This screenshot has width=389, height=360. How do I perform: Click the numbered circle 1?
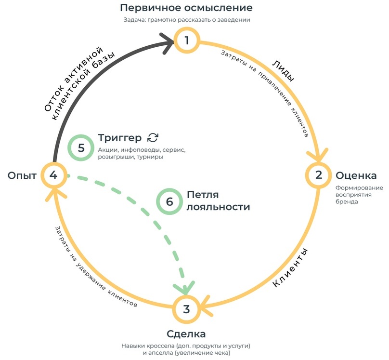[186, 40]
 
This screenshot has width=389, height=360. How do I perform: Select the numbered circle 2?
[318, 175]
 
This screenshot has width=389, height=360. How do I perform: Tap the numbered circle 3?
[186, 309]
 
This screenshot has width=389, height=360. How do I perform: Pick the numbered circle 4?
[53, 175]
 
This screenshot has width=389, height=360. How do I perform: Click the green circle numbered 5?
[81, 147]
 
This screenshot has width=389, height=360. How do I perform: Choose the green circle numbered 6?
[169, 201]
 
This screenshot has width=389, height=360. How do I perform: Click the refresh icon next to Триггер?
[153, 137]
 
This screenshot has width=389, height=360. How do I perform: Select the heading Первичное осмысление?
[186, 8]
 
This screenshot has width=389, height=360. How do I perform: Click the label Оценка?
[356, 175]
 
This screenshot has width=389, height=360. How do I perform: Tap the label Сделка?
[186, 334]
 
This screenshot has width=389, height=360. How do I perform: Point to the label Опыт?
[22, 175]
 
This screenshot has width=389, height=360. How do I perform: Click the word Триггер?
[120, 137]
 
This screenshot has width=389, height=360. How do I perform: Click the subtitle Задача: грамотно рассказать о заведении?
[186, 20]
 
